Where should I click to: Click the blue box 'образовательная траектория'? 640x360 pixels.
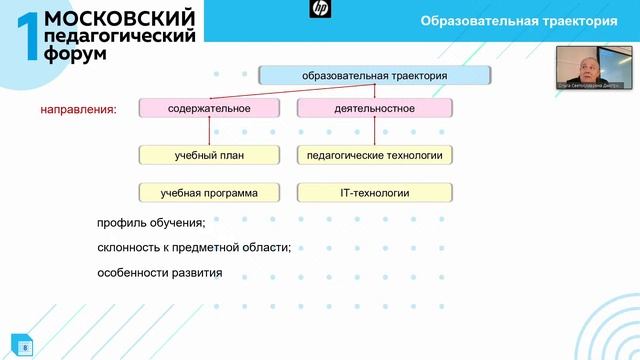pos(374,75)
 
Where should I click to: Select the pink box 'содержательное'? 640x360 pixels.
pos(209,107)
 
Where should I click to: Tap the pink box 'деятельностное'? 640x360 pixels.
pos(374,107)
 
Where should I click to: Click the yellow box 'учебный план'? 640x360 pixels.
pos(209,155)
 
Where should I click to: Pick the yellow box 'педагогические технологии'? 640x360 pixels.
pos(374,155)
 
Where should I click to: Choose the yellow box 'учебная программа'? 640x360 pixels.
pos(209,192)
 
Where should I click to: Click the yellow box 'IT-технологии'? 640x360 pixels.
pos(374,192)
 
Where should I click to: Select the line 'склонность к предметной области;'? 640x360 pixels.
pos(194,247)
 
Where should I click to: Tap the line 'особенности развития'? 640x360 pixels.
pos(160,272)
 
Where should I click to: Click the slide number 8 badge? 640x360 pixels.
pos(24,347)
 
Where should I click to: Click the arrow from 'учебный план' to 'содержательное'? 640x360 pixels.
pos(209,131)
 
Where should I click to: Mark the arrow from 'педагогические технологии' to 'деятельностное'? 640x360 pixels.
pos(374,131)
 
